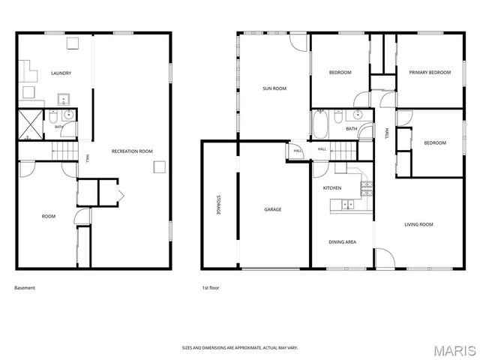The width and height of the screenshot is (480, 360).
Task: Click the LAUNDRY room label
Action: tap(61, 73)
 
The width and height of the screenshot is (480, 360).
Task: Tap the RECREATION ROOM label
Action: tap(132, 151)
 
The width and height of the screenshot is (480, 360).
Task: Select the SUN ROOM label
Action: tap(274, 88)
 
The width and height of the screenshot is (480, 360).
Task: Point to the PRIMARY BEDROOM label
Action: tap(430, 73)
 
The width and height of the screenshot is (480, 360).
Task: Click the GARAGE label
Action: tap(273, 210)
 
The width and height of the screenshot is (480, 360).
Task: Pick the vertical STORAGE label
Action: tap(218, 205)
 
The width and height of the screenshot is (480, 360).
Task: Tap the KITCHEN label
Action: tap(332, 188)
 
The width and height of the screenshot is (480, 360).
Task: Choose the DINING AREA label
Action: tap(342, 242)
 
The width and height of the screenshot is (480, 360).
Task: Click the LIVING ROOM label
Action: tap(418, 225)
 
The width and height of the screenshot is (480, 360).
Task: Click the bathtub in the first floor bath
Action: tap(320, 124)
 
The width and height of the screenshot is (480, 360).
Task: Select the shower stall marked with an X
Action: tap(31, 124)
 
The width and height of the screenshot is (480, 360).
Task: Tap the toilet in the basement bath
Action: tap(53, 116)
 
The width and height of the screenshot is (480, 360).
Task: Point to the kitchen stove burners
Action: tap(367, 188)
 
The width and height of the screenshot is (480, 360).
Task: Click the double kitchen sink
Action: tap(348, 204)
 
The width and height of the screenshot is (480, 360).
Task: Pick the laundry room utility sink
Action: tap(64, 99)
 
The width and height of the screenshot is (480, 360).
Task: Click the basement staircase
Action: tap(65, 151)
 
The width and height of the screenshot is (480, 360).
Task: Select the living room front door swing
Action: tap(385, 258)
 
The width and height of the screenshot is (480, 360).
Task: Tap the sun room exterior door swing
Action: tap(298, 42)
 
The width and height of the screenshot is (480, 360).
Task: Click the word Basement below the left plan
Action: tap(25, 288)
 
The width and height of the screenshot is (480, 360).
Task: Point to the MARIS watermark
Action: tap(454, 351)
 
